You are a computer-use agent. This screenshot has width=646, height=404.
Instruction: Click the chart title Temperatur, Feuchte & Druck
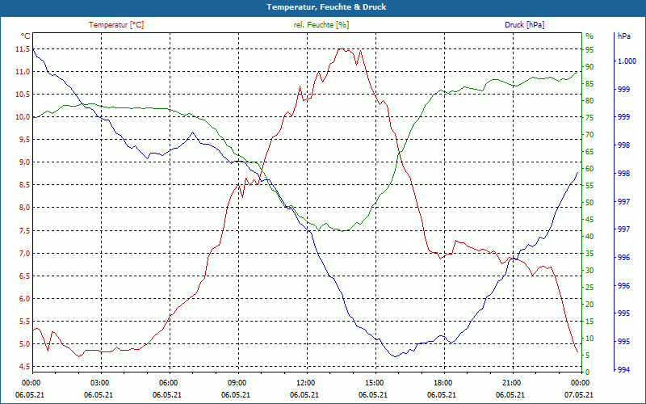pyautogui.click(x=322, y=7)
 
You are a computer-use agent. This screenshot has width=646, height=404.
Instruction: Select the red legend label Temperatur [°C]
pyautogui.click(x=116, y=25)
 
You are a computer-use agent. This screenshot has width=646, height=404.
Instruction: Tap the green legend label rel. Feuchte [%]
pyautogui.click(x=321, y=25)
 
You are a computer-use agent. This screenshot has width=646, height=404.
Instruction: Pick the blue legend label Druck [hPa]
pyautogui.click(x=524, y=25)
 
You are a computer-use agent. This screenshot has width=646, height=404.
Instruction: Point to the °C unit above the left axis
pyautogui.click(x=25, y=36)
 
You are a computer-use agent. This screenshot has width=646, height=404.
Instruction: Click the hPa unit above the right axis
pyautogui.click(x=624, y=36)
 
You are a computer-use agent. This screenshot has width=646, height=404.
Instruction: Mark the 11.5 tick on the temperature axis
pyautogui.click(x=22, y=49)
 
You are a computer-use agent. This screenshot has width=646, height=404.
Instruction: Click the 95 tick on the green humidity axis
pyautogui.click(x=589, y=49)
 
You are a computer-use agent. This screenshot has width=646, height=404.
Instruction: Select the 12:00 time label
pyautogui.click(x=306, y=382)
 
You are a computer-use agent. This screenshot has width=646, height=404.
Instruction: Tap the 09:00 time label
pyautogui.click(x=237, y=382)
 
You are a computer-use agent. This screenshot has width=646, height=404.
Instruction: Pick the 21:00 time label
pyautogui.click(x=511, y=382)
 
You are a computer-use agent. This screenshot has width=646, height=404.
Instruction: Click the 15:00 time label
pyautogui.click(x=374, y=382)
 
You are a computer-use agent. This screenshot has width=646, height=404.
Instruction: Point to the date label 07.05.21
pyautogui.click(x=577, y=395)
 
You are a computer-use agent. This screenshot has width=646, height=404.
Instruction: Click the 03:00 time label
pyautogui.click(x=100, y=382)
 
